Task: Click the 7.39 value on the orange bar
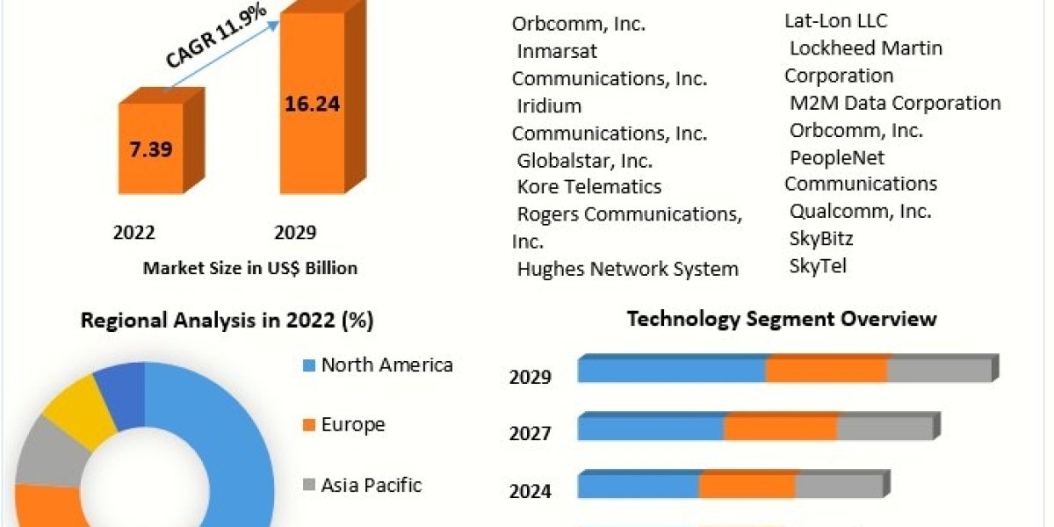(150, 148)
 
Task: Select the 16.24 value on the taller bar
(312, 104)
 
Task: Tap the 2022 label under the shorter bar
(134, 233)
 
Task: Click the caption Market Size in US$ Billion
(250, 268)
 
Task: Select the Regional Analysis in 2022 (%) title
(227, 321)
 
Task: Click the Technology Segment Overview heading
(782, 319)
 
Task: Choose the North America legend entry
(386, 365)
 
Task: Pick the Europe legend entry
(352, 425)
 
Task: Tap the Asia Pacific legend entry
(371, 485)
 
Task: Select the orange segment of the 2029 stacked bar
(826, 371)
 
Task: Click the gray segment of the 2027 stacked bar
(884, 429)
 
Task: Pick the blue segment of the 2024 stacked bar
(638, 487)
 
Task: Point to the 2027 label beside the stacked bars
(531, 434)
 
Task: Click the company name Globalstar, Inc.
(584, 161)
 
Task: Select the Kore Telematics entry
(588, 187)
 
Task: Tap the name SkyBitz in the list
(821, 239)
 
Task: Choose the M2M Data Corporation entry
(894, 103)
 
